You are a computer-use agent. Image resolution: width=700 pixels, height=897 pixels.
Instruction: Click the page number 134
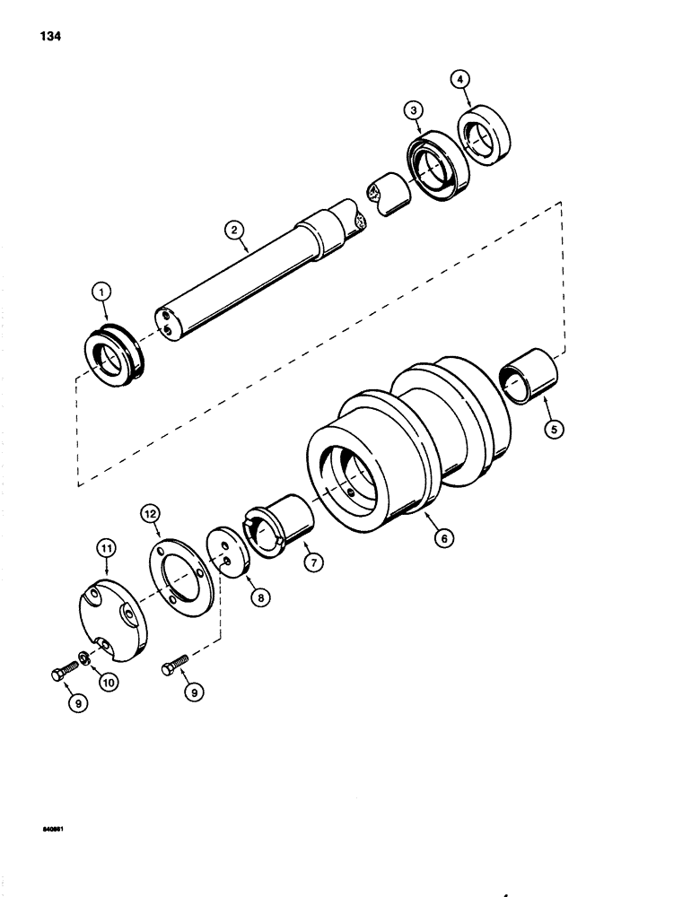point(51,37)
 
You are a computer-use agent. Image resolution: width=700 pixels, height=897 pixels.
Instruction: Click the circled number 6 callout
point(442,539)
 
